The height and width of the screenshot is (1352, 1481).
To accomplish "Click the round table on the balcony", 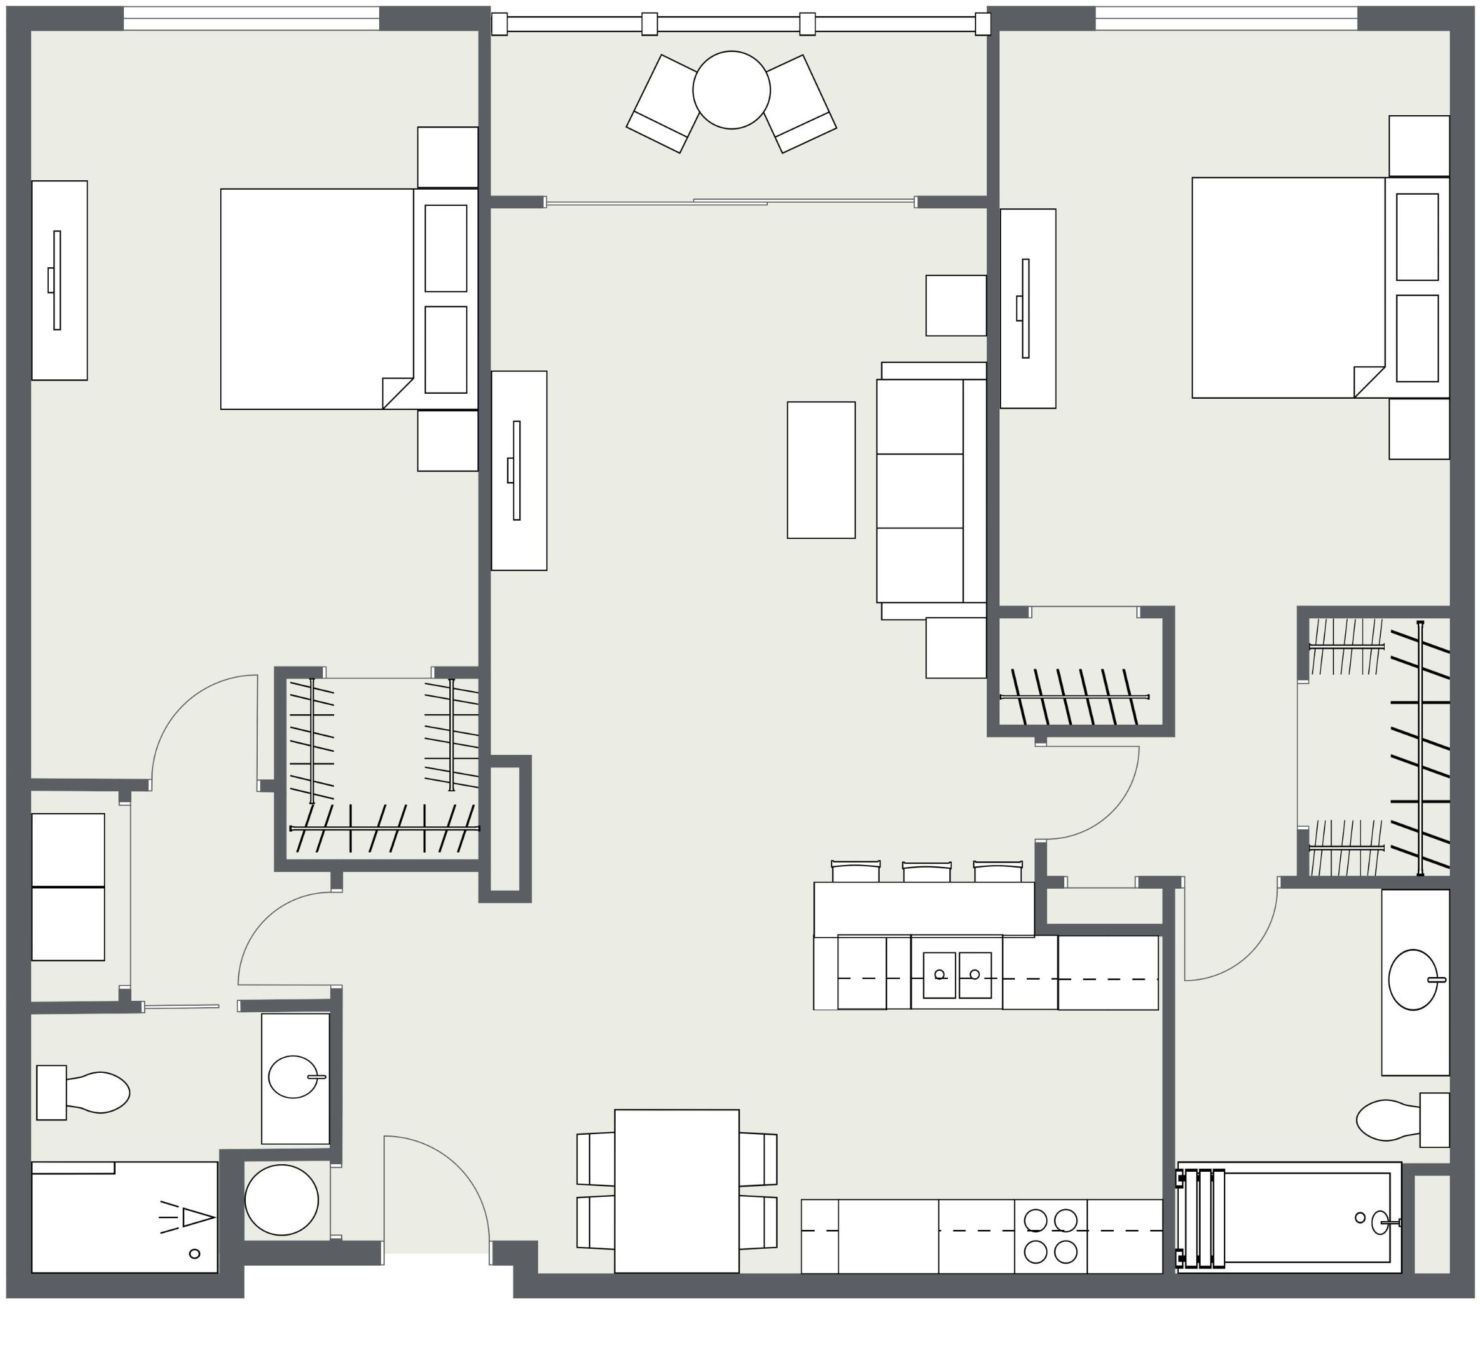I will tap(731, 90).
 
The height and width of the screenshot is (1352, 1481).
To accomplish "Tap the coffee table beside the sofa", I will tap(820, 469).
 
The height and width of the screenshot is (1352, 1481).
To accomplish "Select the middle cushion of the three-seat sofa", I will tap(919, 490).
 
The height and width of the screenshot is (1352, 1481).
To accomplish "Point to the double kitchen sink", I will tap(957, 975).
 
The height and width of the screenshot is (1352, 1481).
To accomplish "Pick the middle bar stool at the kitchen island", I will tap(927, 872).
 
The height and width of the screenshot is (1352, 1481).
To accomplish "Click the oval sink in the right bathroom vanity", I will tap(1412, 980).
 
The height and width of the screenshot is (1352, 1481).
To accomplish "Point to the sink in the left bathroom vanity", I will tap(293, 1077).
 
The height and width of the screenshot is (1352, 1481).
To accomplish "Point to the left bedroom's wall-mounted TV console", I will tap(59, 280).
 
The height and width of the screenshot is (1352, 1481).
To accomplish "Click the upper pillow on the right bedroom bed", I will tap(1417, 237).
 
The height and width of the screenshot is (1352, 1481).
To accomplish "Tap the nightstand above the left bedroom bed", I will tap(447, 156).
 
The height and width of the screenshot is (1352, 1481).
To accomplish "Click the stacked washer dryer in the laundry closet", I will tap(68, 886).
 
